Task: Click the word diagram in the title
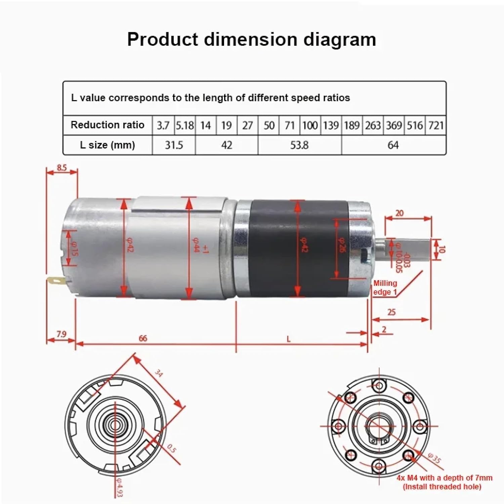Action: coord(340,40)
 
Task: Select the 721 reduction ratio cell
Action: coord(436,126)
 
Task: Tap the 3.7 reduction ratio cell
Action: coord(163,126)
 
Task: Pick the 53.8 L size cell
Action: coord(299,145)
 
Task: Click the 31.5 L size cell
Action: coord(174,145)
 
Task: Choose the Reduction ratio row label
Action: coord(107,125)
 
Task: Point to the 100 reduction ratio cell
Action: coord(310,126)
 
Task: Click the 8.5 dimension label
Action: coord(62,167)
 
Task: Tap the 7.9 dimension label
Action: coord(61,334)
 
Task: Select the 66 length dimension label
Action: coord(143,338)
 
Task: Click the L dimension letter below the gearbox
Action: coord(288,339)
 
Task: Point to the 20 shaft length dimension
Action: coord(400,213)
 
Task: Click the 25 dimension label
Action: coord(391,312)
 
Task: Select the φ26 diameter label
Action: coord(341,245)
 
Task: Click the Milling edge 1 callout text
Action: coord(385,288)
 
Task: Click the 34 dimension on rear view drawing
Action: coord(159,373)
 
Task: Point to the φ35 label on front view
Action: coord(434,458)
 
